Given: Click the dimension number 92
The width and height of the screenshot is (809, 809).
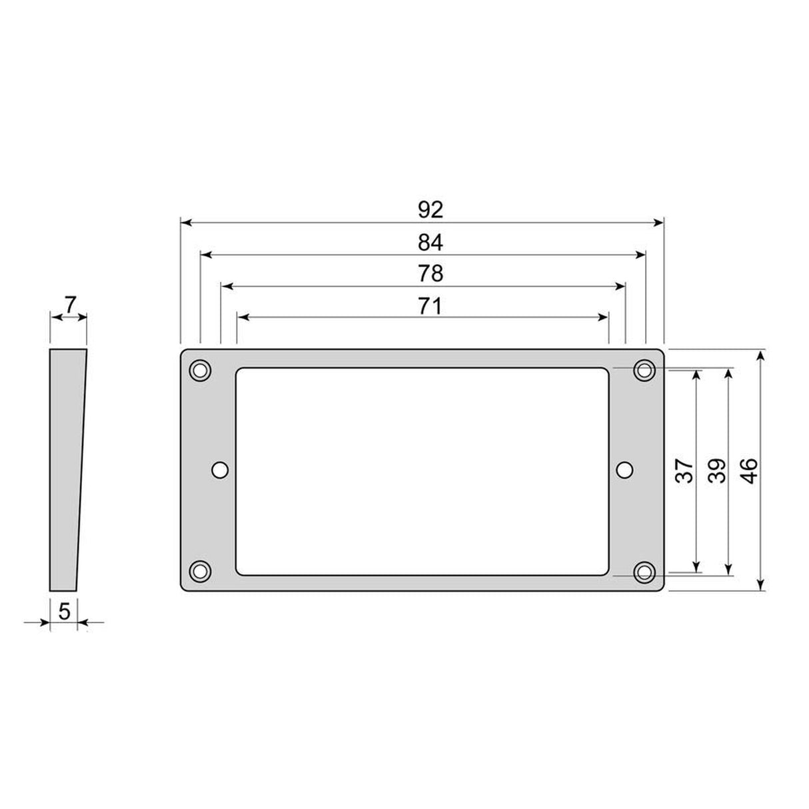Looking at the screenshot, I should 430,210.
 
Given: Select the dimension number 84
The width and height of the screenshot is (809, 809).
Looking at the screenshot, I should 430,243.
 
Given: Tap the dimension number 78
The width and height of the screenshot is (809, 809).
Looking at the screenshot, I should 430,274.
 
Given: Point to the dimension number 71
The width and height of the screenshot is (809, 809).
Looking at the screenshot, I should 430,306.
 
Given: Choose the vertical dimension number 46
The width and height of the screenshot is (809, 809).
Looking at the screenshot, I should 749,471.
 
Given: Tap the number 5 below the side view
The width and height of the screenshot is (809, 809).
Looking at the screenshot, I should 64,610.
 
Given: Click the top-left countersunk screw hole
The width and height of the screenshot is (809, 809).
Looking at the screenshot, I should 200,371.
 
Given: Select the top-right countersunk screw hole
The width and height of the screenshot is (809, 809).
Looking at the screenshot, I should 644,370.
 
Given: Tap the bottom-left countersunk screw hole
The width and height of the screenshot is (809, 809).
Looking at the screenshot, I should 200,571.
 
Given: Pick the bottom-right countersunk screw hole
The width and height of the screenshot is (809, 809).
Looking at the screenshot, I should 644,571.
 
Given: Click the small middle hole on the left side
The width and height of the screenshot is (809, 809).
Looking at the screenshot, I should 220,470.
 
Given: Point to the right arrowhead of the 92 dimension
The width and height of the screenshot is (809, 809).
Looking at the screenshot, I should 659,223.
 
